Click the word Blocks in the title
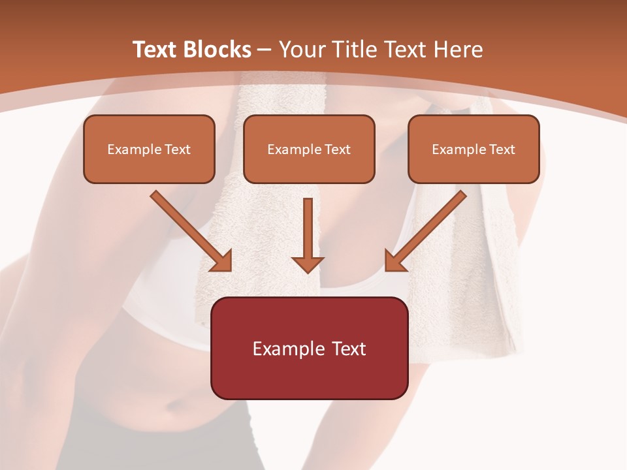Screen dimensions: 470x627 pyautogui.click(x=217, y=50)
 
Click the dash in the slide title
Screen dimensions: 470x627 pyautogui.click(x=265, y=50)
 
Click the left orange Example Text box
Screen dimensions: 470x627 pyautogui.click(x=149, y=149)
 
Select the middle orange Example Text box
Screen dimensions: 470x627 pyautogui.click(x=309, y=149)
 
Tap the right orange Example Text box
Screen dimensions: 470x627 pyautogui.click(x=474, y=149)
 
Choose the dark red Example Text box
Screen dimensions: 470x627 pyautogui.click(x=309, y=348)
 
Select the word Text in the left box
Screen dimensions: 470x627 pyautogui.click(x=177, y=149)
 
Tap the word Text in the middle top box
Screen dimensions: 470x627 pyautogui.click(x=338, y=149)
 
